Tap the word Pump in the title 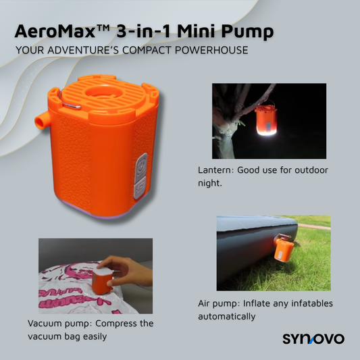pyautogui.click(x=256, y=32)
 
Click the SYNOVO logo pyautogui.click(x=312, y=338)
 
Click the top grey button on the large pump pyautogui.click(x=140, y=163)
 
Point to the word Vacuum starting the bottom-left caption pyautogui.click(x=45, y=324)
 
